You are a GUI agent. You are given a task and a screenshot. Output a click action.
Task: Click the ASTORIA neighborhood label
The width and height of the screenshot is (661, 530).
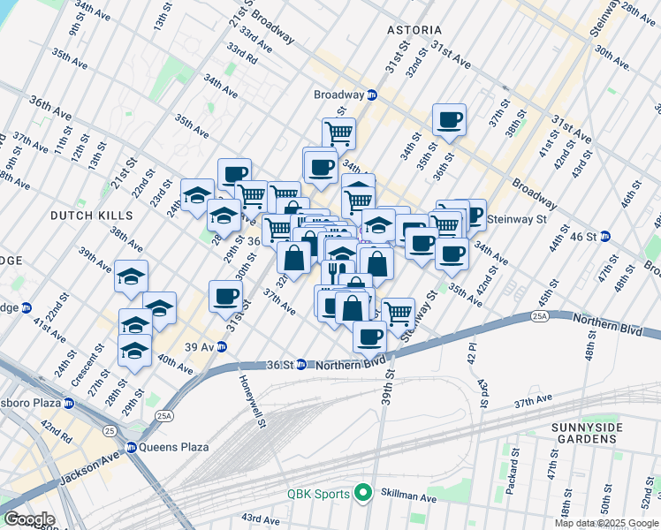coord(414,30)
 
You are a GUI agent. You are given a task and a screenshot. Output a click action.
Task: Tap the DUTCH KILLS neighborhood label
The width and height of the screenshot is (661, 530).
coord(92,215)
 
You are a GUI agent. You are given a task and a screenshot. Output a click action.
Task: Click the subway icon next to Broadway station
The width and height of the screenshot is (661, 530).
coord(373,95)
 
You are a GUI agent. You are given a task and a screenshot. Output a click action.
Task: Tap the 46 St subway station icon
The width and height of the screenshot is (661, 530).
coord(605,237)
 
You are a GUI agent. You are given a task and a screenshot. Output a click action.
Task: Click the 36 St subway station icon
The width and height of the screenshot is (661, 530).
coord(300,364)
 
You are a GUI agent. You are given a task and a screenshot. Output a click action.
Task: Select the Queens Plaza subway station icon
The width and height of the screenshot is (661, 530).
coord(132,447)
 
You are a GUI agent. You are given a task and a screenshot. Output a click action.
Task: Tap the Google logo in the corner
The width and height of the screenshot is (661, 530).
coord(28,519)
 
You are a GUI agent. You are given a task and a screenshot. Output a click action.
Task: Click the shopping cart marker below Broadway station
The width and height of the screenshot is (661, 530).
coord(338,134)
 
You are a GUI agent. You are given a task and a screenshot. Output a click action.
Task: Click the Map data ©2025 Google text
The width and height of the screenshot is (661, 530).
coord(607,523)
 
